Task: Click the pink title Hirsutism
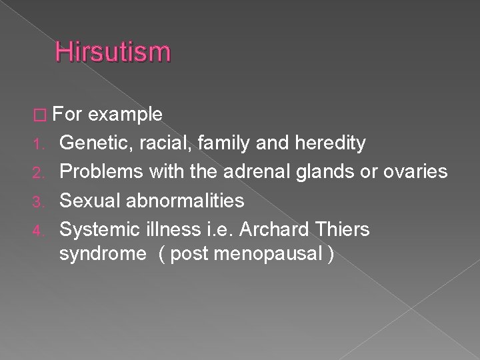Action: (113, 51)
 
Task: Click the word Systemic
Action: (97, 229)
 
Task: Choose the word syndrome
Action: (99, 255)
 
